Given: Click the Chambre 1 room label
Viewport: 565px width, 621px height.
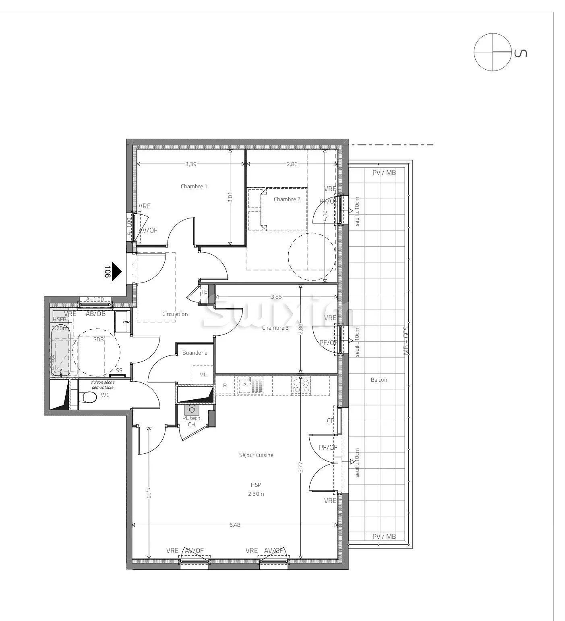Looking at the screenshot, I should click(194, 186).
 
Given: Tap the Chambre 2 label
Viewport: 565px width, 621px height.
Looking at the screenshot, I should click(287, 199).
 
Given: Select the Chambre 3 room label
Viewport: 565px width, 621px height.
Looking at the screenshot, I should click(275, 328).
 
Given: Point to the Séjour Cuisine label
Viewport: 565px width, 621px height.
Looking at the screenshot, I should click(256, 455).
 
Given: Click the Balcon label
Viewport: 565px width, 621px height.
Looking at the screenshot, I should click(379, 380).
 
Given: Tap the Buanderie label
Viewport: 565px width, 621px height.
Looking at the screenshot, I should click(195, 353).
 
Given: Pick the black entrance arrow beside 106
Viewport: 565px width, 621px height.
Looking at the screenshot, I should click(116, 272).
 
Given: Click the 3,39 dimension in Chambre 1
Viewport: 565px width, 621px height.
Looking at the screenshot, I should click(191, 164).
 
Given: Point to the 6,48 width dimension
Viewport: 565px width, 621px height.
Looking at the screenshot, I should click(235, 525).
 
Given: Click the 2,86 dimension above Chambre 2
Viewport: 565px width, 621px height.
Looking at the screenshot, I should click(292, 164).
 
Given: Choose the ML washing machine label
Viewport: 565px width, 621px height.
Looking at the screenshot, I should click(203, 375).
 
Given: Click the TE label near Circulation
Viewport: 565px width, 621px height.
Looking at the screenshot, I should click(204, 292).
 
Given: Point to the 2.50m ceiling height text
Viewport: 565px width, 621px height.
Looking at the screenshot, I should click(256, 494).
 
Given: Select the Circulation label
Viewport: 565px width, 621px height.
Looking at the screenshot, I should click(175, 314).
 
